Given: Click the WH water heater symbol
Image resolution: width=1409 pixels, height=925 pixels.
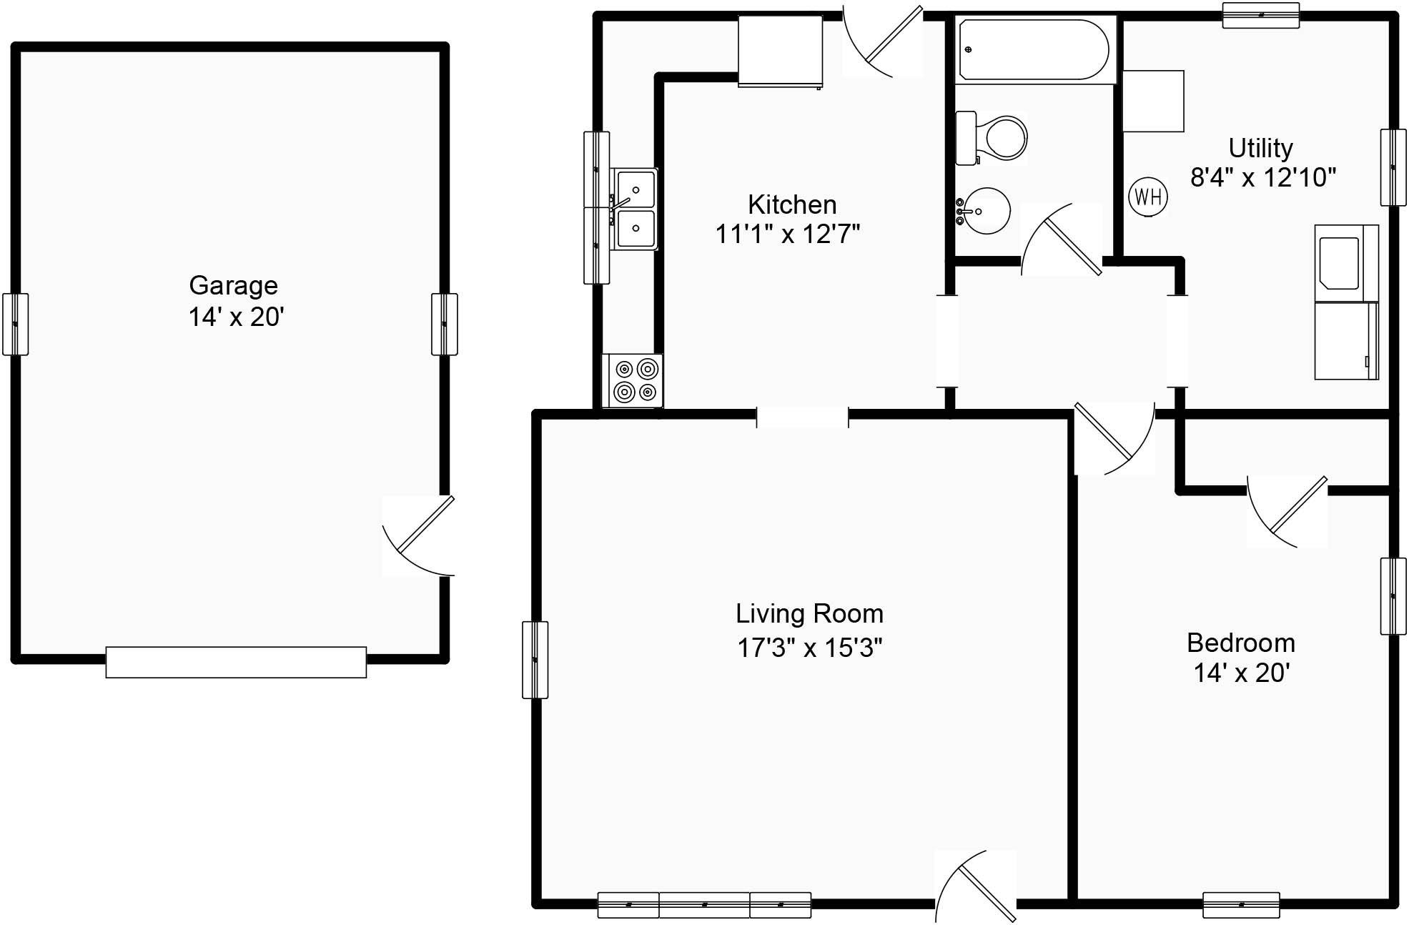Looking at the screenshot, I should pos(1148,196).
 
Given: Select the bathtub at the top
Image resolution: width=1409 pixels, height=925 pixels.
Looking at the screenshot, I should pos(1034,49).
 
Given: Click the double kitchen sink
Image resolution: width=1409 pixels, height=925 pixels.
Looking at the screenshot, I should pos(635,209).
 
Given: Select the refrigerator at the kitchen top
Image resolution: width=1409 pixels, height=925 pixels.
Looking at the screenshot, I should pos(780,51).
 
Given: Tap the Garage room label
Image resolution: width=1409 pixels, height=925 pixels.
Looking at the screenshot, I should pos(233,285).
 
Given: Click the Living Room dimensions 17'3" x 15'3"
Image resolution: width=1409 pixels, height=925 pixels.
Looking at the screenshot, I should pos(809,648).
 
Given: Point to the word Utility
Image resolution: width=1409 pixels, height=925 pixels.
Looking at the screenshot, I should pos(1260,148).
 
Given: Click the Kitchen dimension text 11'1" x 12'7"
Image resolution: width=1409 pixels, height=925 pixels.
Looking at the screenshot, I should pos(787,234).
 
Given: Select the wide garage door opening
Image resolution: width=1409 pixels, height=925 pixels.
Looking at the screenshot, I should pos(236,662).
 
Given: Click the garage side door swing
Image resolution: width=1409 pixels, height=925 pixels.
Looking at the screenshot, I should pos(422,536).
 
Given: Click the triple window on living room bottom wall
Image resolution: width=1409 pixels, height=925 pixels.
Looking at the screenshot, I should pos(704,904).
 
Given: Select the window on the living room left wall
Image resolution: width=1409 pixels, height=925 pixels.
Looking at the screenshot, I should pos(535,659).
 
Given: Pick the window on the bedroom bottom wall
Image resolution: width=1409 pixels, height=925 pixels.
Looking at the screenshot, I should pos(1241,904).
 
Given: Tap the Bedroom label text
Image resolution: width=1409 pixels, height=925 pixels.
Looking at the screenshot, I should pos(1241,643).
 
